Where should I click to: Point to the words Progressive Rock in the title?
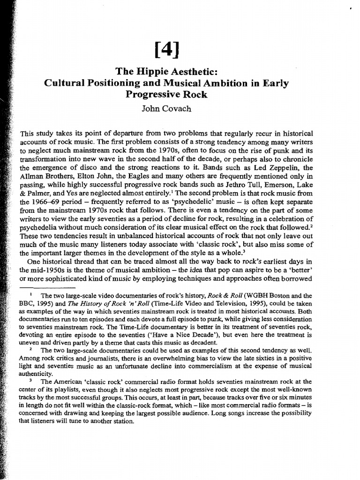[x=167, y=95]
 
